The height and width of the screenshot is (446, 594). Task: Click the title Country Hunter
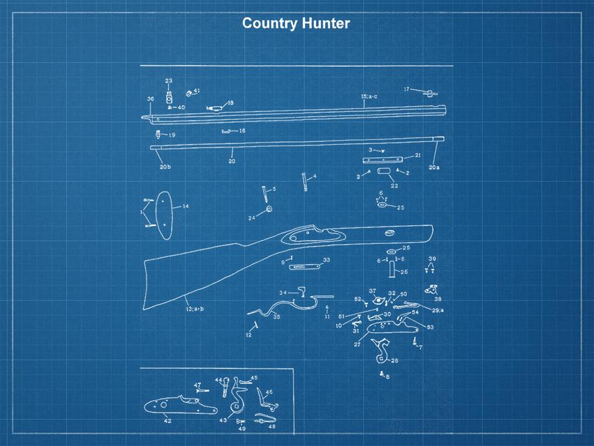click(x=296, y=23)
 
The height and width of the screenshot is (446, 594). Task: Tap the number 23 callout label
click(x=168, y=81)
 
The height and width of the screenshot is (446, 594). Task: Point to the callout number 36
click(x=150, y=99)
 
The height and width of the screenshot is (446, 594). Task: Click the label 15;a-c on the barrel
click(x=369, y=97)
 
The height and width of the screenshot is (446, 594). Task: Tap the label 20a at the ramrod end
click(x=434, y=167)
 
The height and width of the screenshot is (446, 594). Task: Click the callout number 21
click(x=418, y=155)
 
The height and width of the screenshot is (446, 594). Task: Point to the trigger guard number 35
click(x=276, y=317)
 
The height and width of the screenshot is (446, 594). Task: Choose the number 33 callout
click(x=326, y=260)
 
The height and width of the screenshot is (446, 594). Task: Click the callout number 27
click(x=357, y=345)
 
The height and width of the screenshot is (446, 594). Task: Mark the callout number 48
click(x=272, y=426)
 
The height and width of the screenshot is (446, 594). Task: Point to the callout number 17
click(x=406, y=89)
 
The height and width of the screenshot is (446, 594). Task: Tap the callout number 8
click(x=388, y=377)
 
